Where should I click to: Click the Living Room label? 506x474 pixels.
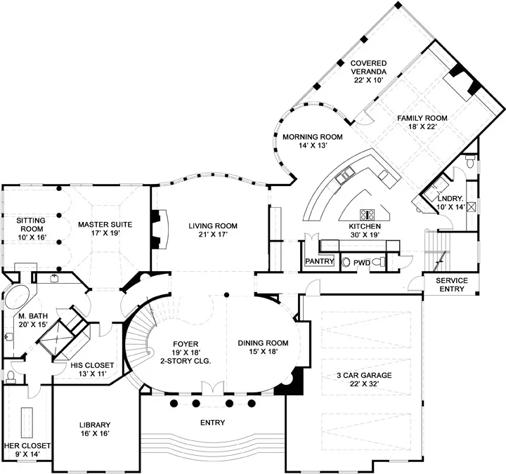pyautogui.click(x=213, y=226)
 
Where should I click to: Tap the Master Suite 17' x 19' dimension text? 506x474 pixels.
pyautogui.click(x=105, y=233)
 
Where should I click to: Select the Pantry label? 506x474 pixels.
pyautogui.click(x=320, y=261)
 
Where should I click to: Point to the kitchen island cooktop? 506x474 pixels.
pyautogui.click(x=368, y=214)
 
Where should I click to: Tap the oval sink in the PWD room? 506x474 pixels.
pyautogui.click(x=346, y=262)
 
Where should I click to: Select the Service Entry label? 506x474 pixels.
pyautogui.click(x=452, y=284)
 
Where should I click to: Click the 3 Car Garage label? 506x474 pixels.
pyautogui.click(x=364, y=375)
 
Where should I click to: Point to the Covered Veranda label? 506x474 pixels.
pyautogui.click(x=368, y=67)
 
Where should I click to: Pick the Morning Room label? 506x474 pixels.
pyautogui.click(x=313, y=137)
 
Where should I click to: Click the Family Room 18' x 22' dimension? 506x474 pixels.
pyautogui.click(x=422, y=126)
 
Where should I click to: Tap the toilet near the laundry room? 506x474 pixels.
pyautogui.click(x=470, y=161)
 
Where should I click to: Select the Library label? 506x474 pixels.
pyautogui.click(x=95, y=425)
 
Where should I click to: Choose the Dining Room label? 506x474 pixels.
pyautogui.click(x=263, y=343)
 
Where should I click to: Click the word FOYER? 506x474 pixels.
pyautogui.click(x=186, y=344)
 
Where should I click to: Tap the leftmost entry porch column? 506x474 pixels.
pyautogui.click(x=174, y=403)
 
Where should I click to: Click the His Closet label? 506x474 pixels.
pyautogui.click(x=92, y=365)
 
